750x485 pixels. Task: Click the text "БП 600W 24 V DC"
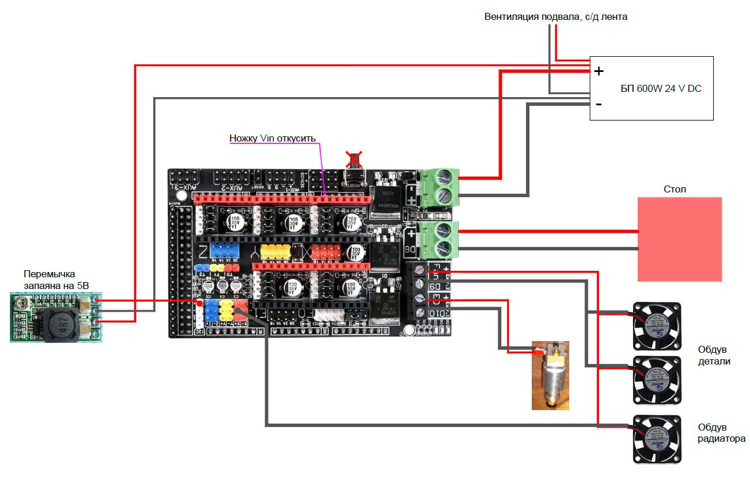(x=660, y=89)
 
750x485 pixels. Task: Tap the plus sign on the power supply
(x=598, y=72)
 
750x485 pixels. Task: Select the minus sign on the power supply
(x=598, y=104)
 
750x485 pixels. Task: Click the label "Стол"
(x=675, y=189)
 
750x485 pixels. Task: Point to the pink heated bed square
(x=679, y=239)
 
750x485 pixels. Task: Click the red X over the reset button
(x=353, y=159)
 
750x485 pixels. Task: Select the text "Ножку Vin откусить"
(x=272, y=139)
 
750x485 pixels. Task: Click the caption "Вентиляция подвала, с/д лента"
(x=556, y=16)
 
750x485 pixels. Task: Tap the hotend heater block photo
(x=550, y=374)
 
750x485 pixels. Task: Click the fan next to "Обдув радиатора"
(x=658, y=438)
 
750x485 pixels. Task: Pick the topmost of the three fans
(x=658, y=325)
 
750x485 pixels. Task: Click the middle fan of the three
(x=658, y=380)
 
